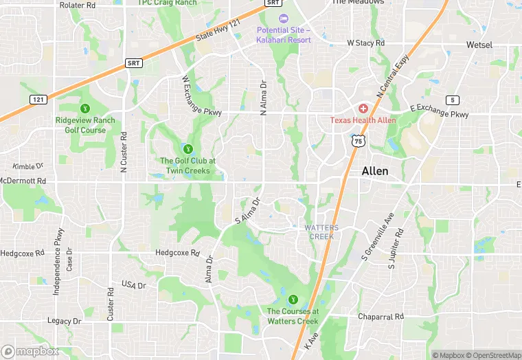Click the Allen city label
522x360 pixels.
pos(375,171)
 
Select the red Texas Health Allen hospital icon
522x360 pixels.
pos(363,109)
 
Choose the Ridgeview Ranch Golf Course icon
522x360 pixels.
pos(85,109)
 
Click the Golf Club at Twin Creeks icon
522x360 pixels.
pos(188,148)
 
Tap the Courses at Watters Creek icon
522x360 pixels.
pos(293,300)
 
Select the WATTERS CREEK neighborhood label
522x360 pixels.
pos(319,232)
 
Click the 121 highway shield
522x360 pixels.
pos(38,100)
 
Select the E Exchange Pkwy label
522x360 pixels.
pos(440,111)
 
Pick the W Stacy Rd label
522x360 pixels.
pos(365,43)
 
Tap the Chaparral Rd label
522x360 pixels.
pos(380,317)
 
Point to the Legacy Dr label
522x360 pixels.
pos(63,321)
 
